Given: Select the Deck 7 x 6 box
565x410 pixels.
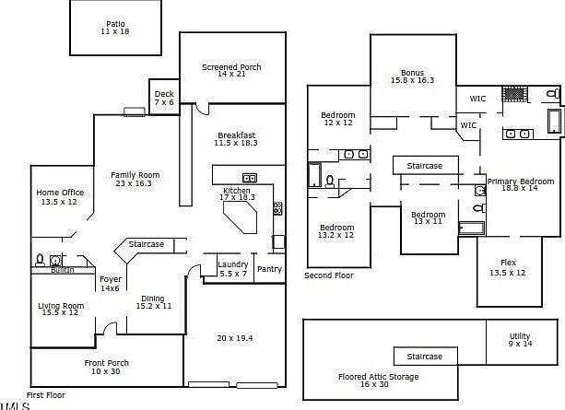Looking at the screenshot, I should coord(164,98).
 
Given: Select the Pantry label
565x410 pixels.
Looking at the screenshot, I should coord(269,269).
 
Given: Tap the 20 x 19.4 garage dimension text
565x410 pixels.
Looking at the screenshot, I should coord(234,338).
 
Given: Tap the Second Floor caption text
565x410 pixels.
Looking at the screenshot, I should coord(330,275).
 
